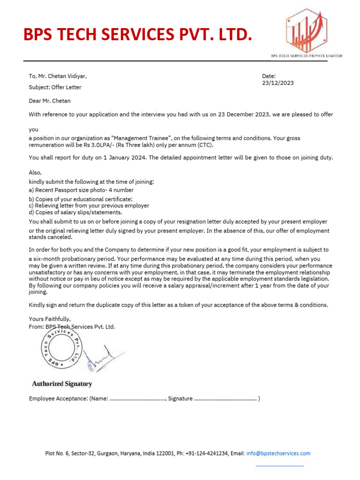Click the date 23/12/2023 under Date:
[x=278, y=83]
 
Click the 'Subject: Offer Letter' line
[x=55, y=87]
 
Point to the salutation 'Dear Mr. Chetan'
[x=50, y=100]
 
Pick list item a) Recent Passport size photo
[x=81, y=190]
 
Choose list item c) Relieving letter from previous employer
[x=89, y=205]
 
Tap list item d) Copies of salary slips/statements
[x=75, y=212]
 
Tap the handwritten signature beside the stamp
[x=100, y=359]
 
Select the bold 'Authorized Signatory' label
[x=62, y=384]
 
